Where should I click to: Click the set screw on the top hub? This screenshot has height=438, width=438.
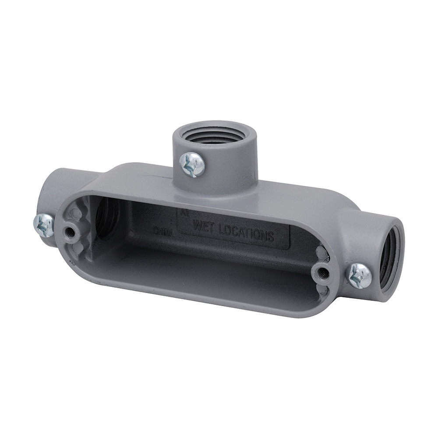(192, 164)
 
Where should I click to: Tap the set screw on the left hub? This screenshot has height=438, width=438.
(44, 225)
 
